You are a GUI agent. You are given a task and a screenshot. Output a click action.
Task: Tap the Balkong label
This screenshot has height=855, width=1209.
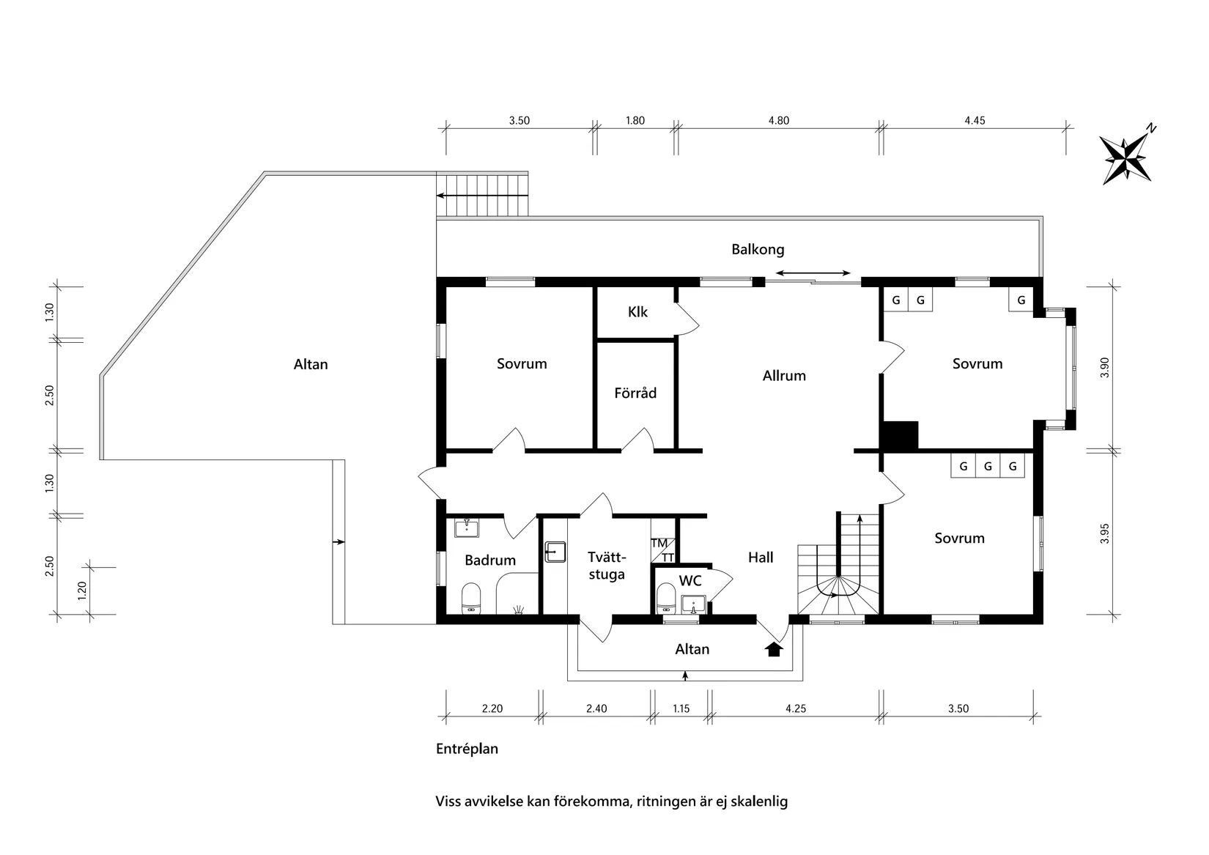pyautogui.click(x=758, y=249)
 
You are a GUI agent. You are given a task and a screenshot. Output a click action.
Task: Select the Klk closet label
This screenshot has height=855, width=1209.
pyautogui.click(x=637, y=312)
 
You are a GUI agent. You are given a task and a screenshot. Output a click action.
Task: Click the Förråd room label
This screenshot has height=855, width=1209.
pyautogui.click(x=635, y=393)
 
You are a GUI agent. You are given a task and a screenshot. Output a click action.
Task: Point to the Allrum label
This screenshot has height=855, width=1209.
pyautogui.click(x=784, y=376)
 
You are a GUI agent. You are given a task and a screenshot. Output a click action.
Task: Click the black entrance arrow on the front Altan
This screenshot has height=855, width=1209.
pyautogui.click(x=774, y=648)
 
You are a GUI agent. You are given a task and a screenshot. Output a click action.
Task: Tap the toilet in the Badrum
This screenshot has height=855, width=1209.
pyautogui.click(x=470, y=598)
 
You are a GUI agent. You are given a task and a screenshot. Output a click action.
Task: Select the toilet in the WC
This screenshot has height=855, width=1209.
pyautogui.click(x=666, y=596)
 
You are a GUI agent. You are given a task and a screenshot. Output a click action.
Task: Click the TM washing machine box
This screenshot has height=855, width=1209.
pyautogui.click(x=659, y=543)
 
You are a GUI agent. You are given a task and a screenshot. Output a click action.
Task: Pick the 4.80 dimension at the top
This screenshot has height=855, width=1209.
pyautogui.click(x=779, y=121)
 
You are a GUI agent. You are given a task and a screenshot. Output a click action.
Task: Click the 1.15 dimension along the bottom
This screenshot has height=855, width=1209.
pyautogui.click(x=681, y=708)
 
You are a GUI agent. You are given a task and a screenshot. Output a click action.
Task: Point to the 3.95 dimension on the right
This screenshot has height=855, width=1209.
pyautogui.click(x=1105, y=533)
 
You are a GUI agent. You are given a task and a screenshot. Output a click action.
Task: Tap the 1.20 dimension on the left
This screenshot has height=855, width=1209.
pyautogui.click(x=82, y=589)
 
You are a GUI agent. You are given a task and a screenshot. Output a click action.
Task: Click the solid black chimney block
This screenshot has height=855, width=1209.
pyautogui.click(x=900, y=435)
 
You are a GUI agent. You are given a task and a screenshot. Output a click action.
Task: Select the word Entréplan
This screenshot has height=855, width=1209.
pyautogui.click(x=467, y=749)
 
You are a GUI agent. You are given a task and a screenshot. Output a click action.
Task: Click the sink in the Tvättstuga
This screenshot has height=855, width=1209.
pyautogui.click(x=555, y=552)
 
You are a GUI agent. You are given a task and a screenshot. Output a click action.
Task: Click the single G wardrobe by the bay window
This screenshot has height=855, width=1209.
pyautogui.click(x=1021, y=300)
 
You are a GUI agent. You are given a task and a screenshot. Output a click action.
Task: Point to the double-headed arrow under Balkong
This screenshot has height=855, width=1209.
pyautogui.click(x=813, y=274)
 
